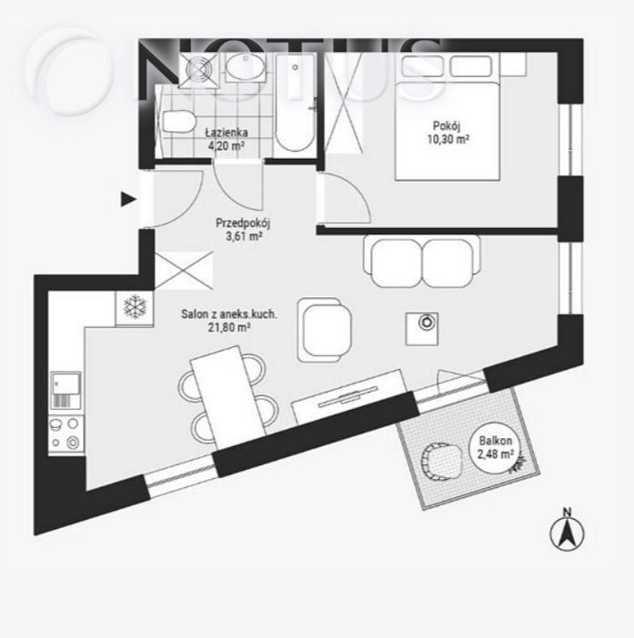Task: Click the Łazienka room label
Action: tap(226, 133)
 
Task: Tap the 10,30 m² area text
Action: tap(448, 140)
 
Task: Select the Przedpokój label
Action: tap(243, 224)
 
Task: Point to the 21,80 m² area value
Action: tap(229, 327)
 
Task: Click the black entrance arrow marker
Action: tap(128, 199)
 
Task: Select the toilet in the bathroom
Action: tap(178, 122)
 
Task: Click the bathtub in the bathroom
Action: tap(295, 104)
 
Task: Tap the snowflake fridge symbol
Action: tap(135, 308)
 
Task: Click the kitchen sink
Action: tap(65, 390)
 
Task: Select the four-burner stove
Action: tap(66, 434)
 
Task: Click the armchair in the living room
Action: tap(325, 330)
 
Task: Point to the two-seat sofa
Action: tap(422, 262)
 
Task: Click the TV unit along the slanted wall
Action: tap(349, 396)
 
